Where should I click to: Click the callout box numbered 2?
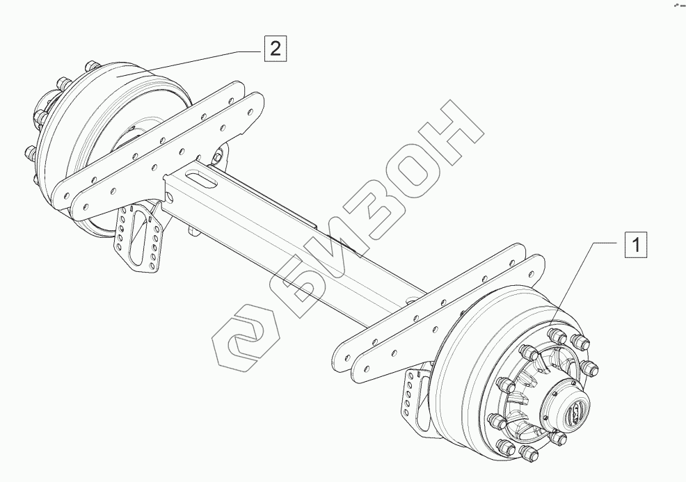[276, 48]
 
